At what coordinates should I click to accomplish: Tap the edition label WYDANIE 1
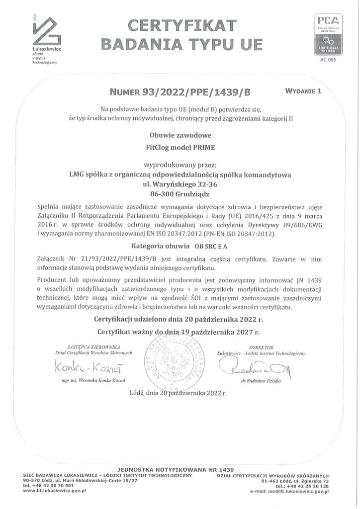(x=304, y=91)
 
